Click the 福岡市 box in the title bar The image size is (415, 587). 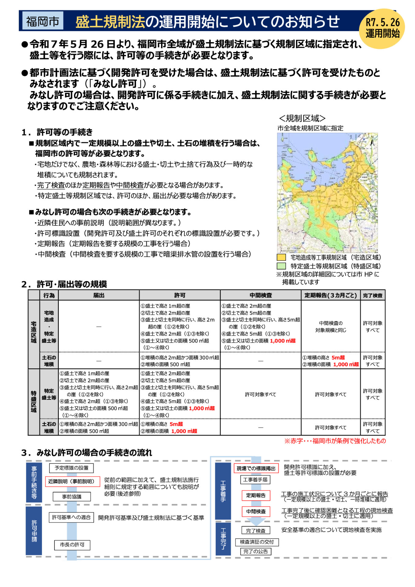pyautogui.click(x=43, y=21)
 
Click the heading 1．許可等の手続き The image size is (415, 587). pyautogui.click(x=57, y=132)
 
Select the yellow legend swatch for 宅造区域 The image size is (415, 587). pyautogui.click(x=281, y=257)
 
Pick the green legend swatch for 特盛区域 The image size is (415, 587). pyautogui.click(x=281, y=266)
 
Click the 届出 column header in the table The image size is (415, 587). pyautogui.click(x=99, y=295)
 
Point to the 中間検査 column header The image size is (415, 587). pyautogui.click(x=261, y=295)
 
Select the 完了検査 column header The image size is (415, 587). pyautogui.click(x=372, y=295)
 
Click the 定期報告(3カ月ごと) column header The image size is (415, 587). pyautogui.click(x=331, y=295)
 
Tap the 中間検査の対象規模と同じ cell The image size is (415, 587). pyautogui.click(x=331, y=327)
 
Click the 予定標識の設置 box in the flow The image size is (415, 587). pyautogui.click(x=71, y=468)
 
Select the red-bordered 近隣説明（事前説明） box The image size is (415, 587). pyautogui.click(x=72, y=481)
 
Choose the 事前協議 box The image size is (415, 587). pyautogui.click(x=72, y=497)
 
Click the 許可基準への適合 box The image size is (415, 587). pyautogui.click(x=71, y=517)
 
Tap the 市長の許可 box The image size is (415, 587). pyautogui.click(x=72, y=545)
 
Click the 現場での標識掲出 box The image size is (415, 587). pyautogui.click(x=256, y=468)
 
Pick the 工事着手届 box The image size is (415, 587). pyautogui.click(x=255, y=480)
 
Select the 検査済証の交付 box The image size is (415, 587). pyautogui.click(x=257, y=542)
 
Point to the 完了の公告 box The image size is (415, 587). pyautogui.click(x=256, y=551)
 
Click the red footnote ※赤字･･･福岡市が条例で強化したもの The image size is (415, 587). pyautogui.click(x=335, y=441)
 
